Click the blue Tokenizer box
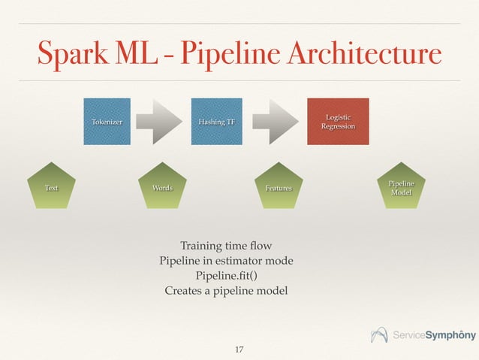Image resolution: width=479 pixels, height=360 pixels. coord(106,121)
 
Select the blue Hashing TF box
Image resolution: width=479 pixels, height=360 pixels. coord(216,121)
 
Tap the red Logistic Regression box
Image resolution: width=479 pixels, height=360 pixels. coord(338,121)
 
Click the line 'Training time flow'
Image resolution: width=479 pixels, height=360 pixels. coord(226,246)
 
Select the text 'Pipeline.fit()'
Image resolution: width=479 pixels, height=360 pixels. coord(226,276)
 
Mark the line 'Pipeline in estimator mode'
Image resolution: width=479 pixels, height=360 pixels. coord(226,261)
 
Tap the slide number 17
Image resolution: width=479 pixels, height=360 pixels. coord(239,349)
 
